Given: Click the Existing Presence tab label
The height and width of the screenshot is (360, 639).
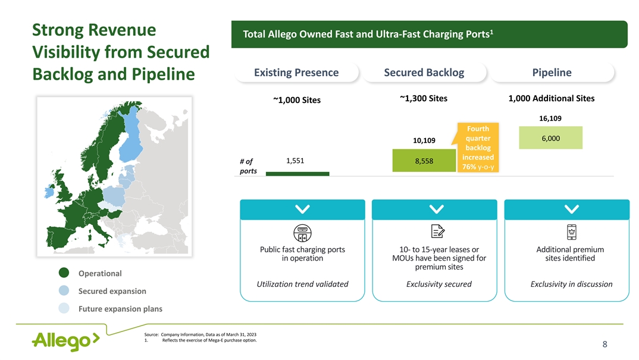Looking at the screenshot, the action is click(x=296, y=73).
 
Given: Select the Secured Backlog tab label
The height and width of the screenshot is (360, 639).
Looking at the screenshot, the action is click(x=424, y=73).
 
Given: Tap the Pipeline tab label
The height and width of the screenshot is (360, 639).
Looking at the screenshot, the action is click(x=552, y=73).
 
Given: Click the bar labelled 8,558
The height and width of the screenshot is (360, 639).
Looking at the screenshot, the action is click(x=424, y=160).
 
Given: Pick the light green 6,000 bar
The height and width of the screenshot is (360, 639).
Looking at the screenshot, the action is click(x=550, y=138).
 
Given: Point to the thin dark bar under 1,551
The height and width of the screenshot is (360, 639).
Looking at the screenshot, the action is click(x=297, y=174).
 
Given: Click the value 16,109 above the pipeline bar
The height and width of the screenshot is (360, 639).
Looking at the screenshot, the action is click(x=550, y=118).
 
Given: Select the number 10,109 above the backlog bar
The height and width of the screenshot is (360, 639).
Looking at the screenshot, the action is click(x=424, y=140).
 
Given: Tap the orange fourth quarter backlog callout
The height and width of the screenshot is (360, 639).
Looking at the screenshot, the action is click(x=478, y=147).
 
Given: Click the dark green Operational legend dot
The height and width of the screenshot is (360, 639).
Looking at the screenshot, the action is click(x=64, y=273).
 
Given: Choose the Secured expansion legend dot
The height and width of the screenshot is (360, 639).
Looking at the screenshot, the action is click(x=64, y=291).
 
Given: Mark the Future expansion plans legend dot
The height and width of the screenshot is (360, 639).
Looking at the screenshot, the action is click(x=64, y=308).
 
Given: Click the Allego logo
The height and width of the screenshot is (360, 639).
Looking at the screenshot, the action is click(x=66, y=341).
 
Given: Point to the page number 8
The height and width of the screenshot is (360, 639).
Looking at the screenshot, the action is click(x=604, y=345).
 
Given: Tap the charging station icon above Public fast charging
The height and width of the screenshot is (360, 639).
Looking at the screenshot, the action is click(x=302, y=233).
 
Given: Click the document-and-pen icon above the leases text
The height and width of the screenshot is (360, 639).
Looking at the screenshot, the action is click(x=438, y=231).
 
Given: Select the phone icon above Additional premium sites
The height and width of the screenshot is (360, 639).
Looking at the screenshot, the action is click(x=572, y=232).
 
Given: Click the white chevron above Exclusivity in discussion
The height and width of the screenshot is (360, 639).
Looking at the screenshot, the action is click(x=572, y=209).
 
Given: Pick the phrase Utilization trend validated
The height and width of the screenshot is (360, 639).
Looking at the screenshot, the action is click(x=302, y=284).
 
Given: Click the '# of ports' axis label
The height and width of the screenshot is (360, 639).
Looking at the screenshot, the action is click(x=248, y=166).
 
